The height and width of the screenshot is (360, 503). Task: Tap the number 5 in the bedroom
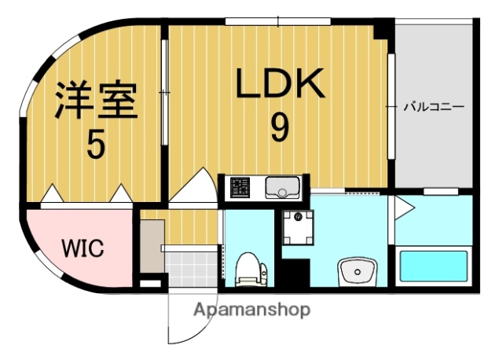95,145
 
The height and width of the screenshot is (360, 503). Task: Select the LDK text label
280,83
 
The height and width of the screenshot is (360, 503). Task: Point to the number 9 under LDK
279,127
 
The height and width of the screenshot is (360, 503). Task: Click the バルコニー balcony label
434,105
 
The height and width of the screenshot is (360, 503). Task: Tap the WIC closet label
83,250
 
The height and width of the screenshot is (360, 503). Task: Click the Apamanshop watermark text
251,309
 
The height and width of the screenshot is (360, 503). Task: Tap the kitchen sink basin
281,188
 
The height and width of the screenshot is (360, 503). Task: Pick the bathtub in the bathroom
435,266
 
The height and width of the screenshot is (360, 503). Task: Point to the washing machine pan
297,228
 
